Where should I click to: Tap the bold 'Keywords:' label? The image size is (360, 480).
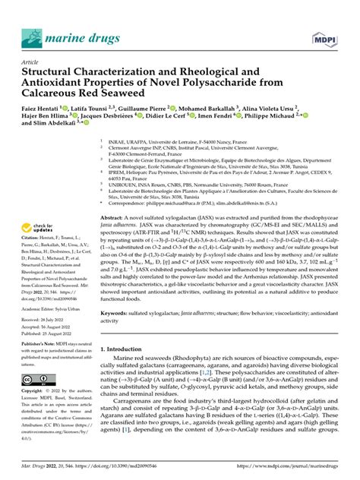(x=118, y=311)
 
